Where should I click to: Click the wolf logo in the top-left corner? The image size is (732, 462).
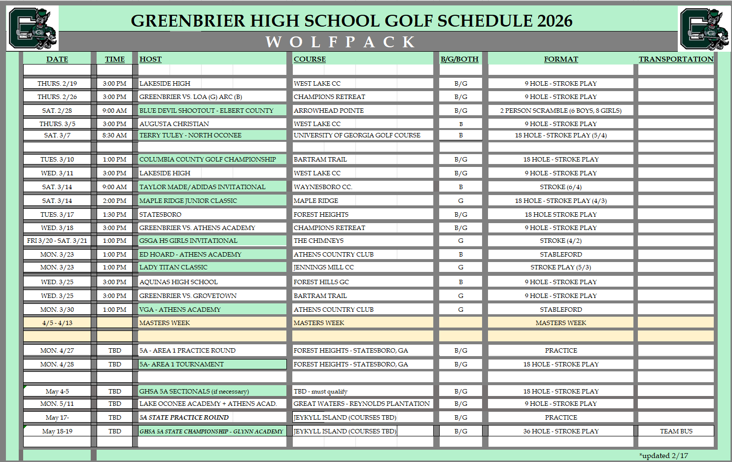pos(33,29)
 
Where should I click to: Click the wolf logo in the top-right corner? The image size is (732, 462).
pos(704,29)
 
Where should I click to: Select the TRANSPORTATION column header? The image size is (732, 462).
pos(676,59)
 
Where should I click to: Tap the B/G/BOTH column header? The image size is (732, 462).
pos(459,59)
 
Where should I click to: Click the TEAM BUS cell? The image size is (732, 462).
pos(676,431)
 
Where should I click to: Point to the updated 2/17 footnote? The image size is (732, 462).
pos(663,456)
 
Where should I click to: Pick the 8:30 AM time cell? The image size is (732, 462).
pos(114,135)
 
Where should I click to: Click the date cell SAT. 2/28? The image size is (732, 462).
pos(57,110)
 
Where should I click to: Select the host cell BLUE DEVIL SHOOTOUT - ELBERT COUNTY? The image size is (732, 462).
pos(207,110)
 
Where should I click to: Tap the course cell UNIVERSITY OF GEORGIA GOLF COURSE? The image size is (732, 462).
pos(357,135)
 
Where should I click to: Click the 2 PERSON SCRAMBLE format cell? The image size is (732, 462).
pos(560,110)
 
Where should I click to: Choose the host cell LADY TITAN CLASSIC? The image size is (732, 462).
pos(174,267)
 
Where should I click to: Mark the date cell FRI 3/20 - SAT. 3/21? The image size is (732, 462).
pos(57,240)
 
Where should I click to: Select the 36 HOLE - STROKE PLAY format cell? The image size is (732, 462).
pos(560,431)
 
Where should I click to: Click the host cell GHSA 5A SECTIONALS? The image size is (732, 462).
pos(194,391)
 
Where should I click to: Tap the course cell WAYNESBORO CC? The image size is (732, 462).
pos(323,187)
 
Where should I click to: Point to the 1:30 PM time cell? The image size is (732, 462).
pos(114,214)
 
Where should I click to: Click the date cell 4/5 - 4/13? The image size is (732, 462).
pos(57,323)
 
